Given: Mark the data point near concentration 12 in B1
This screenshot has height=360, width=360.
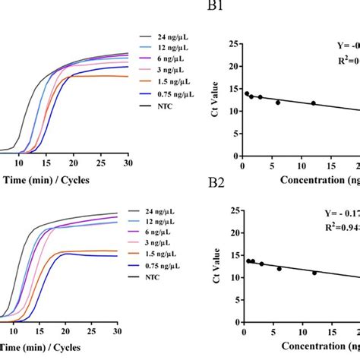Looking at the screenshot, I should pyautogui.click(x=313, y=103).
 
